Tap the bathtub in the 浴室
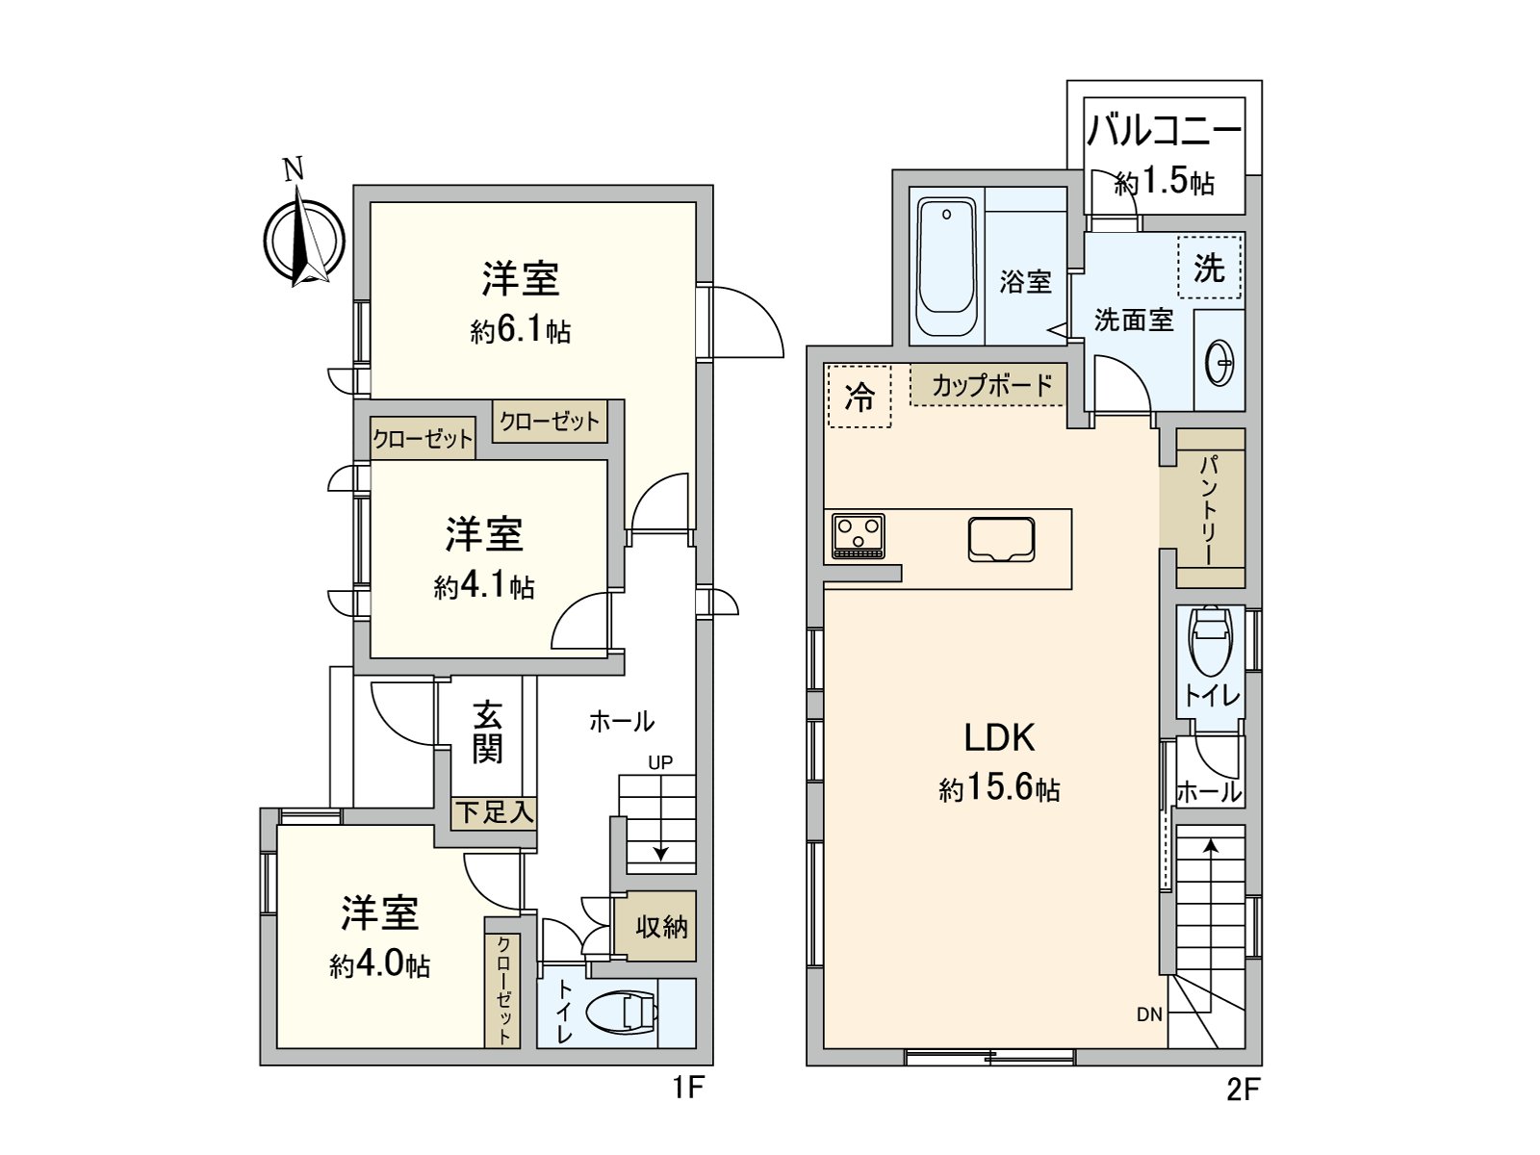coord(947,267)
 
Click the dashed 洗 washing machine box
coord(1210,268)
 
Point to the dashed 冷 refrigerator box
coord(859,396)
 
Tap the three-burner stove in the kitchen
coord(858,535)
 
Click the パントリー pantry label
coord(1209,509)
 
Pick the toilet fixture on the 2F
coord(1210,642)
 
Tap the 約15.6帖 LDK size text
coord(999,789)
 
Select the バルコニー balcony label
coord(1164,131)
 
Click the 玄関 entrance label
coord(488,732)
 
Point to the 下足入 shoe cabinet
coord(494,811)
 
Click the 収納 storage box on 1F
coord(661,926)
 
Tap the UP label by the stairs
coord(659,762)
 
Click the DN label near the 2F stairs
coord(1149,1014)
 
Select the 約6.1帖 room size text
coord(520,331)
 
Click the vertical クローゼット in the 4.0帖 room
coord(503,991)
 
